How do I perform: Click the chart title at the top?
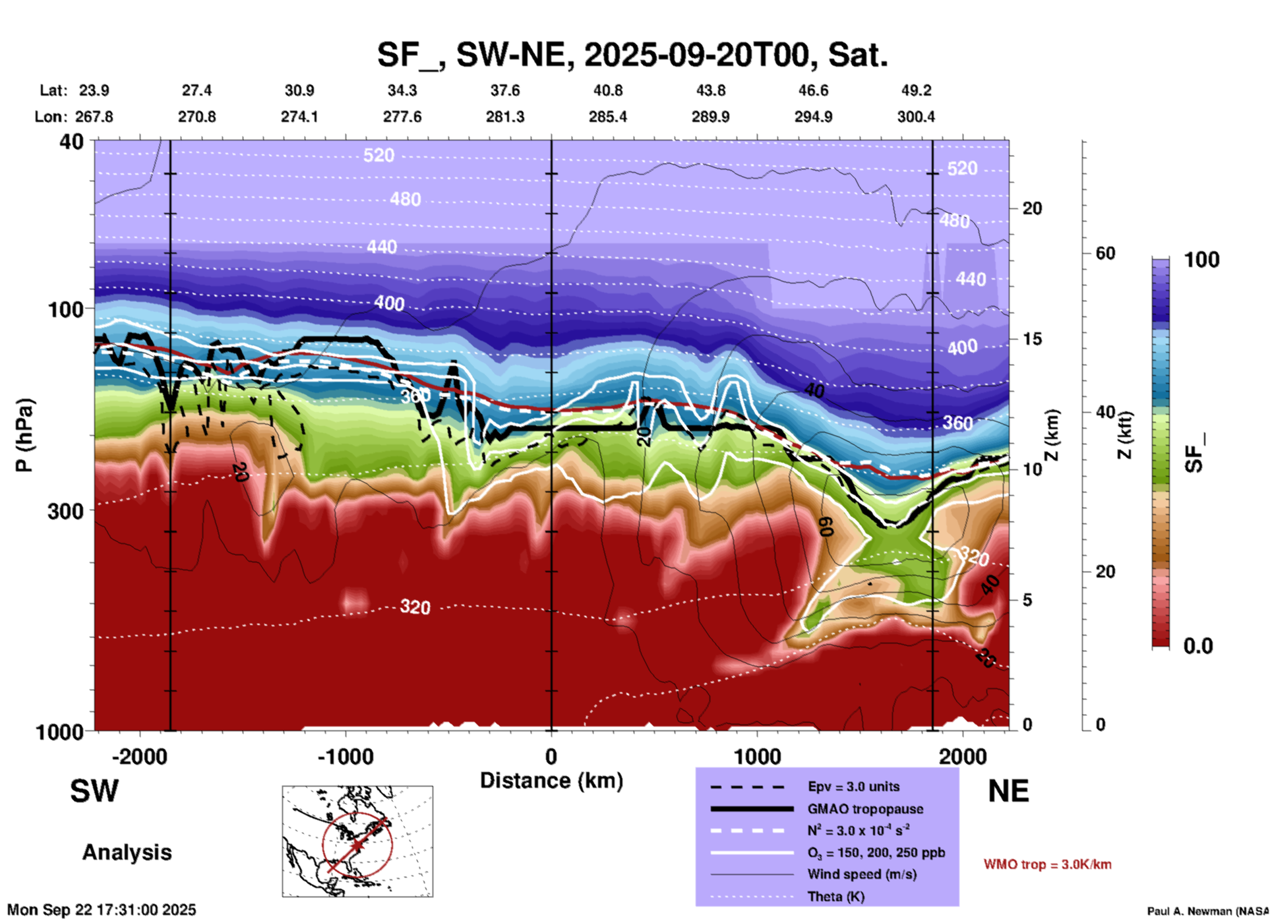[x=632, y=55]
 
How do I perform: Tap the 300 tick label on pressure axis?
[x=66, y=511]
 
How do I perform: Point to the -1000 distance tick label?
[x=345, y=757]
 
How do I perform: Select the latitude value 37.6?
[x=504, y=90]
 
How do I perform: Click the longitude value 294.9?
[x=813, y=117]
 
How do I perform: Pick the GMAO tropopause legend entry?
[x=865, y=809]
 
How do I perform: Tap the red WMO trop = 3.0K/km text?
[x=1047, y=864]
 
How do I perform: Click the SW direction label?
[x=94, y=791]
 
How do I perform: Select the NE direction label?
[x=1008, y=791]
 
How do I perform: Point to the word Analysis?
[x=127, y=852]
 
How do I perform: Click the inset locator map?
[x=357, y=841]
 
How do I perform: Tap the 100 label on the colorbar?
[x=1201, y=260]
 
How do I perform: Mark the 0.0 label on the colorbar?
[x=1198, y=645]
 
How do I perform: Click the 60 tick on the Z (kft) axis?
[x=1105, y=253]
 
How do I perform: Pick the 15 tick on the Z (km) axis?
[x=1032, y=339]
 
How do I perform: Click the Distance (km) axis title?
[x=551, y=781]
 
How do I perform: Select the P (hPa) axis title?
[x=24, y=435]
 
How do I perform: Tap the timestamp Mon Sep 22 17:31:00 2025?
[x=102, y=910]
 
